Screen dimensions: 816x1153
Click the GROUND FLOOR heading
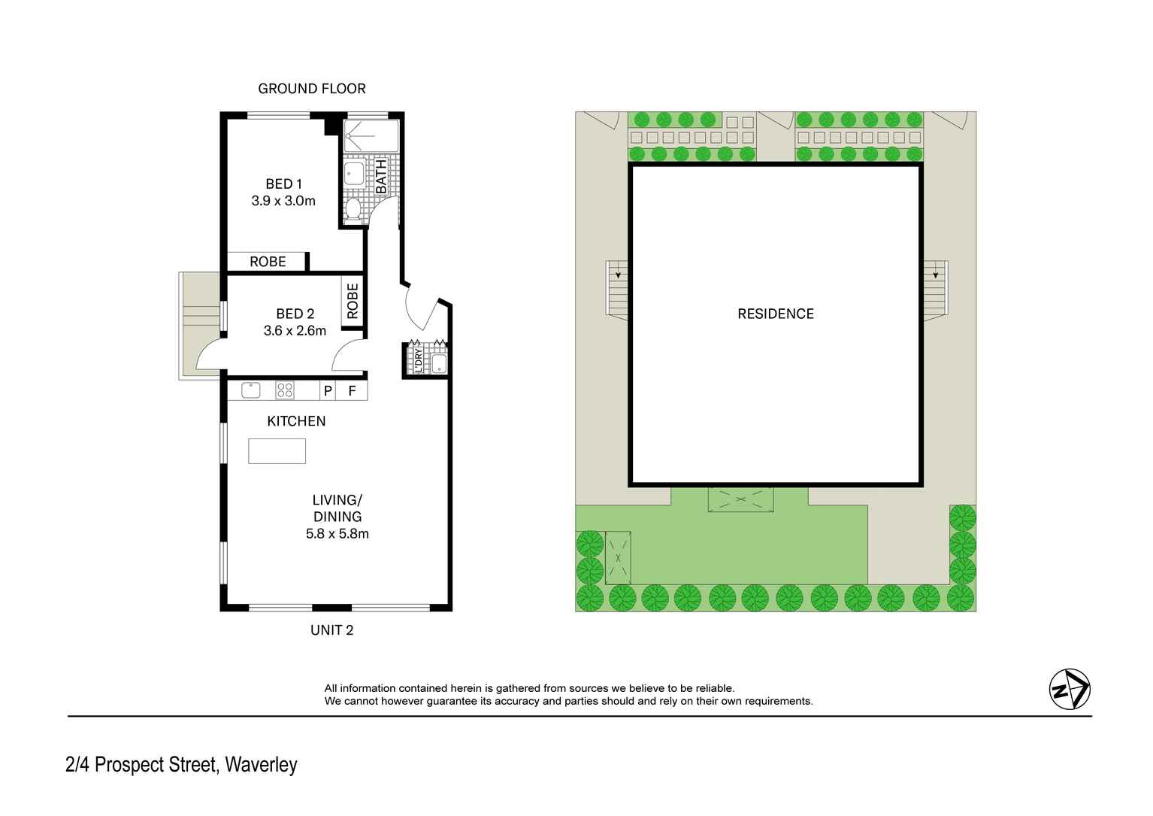(x=311, y=89)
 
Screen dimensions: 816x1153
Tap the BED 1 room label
(x=283, y=184)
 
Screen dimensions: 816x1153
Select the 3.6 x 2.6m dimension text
(x=295, y=330)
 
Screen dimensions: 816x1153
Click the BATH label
(x=381, y=176)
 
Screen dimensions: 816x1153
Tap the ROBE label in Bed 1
(x=268, y=262)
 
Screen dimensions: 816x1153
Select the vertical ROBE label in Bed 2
(x=353, y=301)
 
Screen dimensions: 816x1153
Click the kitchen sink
(x=250, y=390)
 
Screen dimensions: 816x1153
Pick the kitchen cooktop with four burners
(x=285, y=390)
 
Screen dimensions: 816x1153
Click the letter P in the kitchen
(x=327, y=391)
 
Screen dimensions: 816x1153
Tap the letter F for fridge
(x=352, y=391)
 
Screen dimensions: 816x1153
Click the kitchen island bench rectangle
(x=277, y=450)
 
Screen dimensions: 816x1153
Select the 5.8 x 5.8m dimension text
(x=337, y=534)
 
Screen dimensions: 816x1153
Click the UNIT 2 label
(x=331, y=630)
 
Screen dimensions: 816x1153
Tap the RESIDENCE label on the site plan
(x=775, y=314)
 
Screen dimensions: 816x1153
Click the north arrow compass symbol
(x=1069, y=688)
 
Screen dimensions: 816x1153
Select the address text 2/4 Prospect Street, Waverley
(x=181, y=765)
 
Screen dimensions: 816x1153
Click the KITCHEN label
(x=296, y=421)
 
